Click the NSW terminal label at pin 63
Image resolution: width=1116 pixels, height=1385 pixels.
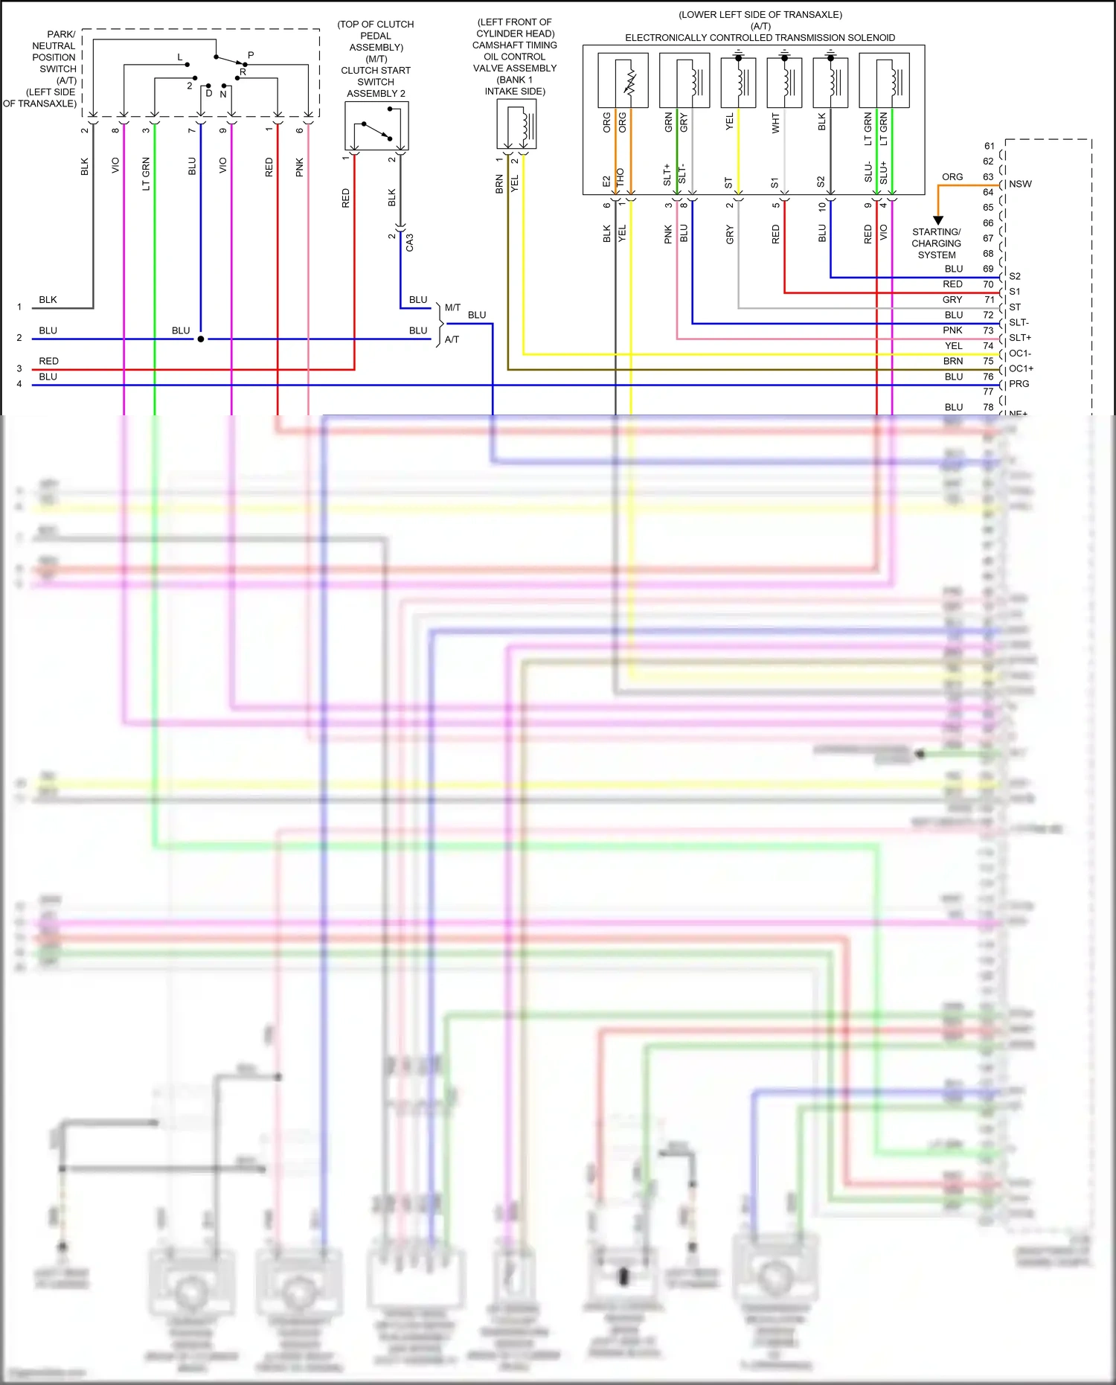pos(1020,184)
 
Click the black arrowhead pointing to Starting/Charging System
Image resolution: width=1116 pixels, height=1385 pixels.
pos(938,220)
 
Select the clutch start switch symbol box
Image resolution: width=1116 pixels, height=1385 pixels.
pos(376,126)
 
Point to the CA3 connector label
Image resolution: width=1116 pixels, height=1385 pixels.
pos(409,242)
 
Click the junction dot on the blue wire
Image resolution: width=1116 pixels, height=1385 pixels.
pos(201,339)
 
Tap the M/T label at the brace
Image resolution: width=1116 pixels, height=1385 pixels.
pos(452,307)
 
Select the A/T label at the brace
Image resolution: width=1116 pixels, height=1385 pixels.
pos(452,339)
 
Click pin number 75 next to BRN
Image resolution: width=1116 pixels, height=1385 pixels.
pos(988,361)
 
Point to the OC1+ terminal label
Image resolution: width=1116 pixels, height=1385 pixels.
pos(1021,368)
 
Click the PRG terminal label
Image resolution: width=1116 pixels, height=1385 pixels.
pos(1019,384)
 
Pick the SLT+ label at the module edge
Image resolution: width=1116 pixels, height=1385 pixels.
pos(1019,338)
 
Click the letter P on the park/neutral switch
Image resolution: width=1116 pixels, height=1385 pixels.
pos(251,55)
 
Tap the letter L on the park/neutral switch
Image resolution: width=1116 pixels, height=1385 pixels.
pos(179,57)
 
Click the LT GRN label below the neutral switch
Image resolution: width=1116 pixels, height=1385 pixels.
pos(146,173)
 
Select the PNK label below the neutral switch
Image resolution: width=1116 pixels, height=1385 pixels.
pos(300,167)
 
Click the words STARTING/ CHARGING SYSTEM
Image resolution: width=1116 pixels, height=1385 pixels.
pos(936,243)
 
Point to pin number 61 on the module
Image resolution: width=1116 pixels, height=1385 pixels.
pos(989,146)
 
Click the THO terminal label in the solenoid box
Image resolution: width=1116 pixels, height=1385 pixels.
pos(620,177)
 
